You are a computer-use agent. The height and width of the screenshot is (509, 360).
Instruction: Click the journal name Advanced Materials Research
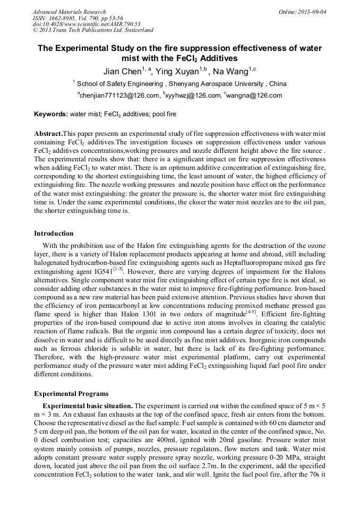pyautogui.click(x=69, y=12)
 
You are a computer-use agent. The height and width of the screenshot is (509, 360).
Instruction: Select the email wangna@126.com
pyautogui.click(x=255, y=96)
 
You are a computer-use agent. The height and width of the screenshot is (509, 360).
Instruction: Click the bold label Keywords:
pyautogui.click(x=51, y=114)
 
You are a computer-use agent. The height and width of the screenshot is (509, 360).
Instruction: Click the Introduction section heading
pyautogui.click(x=54, y=234)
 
